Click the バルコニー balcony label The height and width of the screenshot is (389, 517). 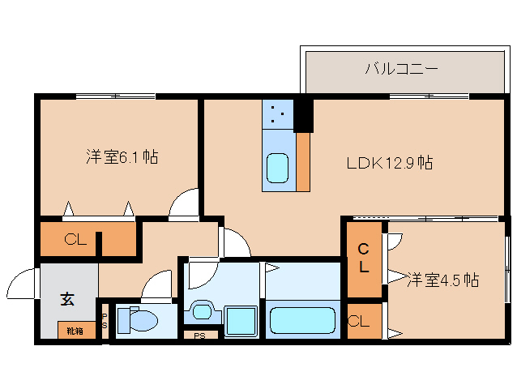click(401, 68)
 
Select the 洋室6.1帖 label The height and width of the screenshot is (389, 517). click(121, 157)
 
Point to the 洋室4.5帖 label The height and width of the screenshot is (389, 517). click(442, 280)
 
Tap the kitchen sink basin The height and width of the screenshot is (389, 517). click(278, 169)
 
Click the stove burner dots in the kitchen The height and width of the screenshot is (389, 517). click(278, 113)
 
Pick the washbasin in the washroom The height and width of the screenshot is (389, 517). click(199, 311)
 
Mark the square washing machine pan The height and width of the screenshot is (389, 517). click(241, 321)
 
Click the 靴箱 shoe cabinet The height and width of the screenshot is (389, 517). click(75, 330)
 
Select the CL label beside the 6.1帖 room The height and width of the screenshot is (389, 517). click(75, 240)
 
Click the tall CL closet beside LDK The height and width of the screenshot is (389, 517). click(364, 258)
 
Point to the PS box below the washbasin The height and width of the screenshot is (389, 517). click(199, 334)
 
